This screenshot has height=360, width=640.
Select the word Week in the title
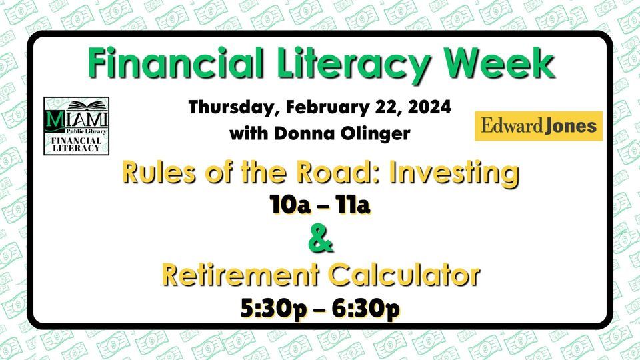coord(499,63)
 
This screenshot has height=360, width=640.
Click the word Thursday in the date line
coord(234,107)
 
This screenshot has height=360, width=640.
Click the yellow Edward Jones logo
coord(539,126)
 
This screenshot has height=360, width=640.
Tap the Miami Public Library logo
coord(76,126)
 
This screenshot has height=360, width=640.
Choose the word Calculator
coord(404,275)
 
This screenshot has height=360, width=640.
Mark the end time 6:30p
coord(366,309)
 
